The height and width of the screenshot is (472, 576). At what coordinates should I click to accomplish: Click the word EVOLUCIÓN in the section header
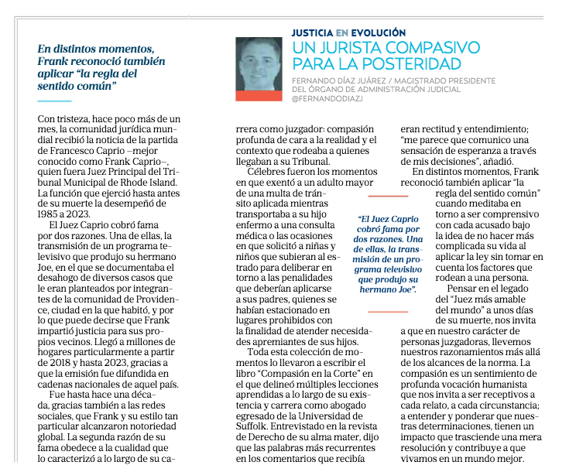coord(379,32)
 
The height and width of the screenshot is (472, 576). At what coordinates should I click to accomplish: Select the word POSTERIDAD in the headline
coord(411,64)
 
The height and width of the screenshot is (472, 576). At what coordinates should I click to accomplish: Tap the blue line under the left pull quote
coord(54,101)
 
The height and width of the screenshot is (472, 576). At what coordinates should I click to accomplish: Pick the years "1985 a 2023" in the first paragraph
coord(65,214)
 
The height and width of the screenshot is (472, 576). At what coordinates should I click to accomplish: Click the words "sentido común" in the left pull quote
coord(77,85)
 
